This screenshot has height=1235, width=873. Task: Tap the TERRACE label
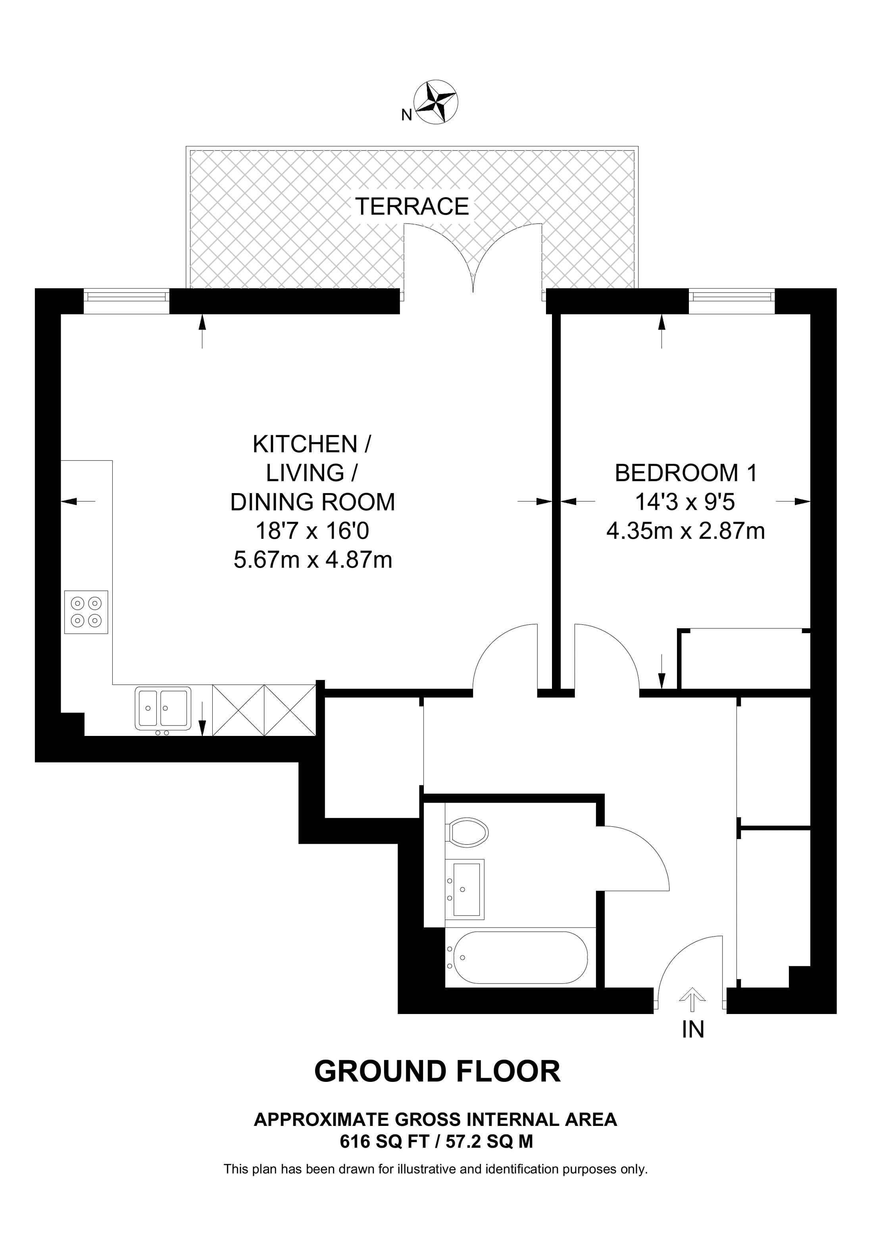(x=412, y=207)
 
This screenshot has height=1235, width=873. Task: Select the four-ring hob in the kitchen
(x=86, y=612)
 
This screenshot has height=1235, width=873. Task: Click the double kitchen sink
(x=162, y=709)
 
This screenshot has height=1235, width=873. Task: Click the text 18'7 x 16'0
(x=312, y=532)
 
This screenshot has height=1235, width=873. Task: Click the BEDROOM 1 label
(x=685, y=473)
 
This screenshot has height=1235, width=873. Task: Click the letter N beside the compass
(x=407, y=115)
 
